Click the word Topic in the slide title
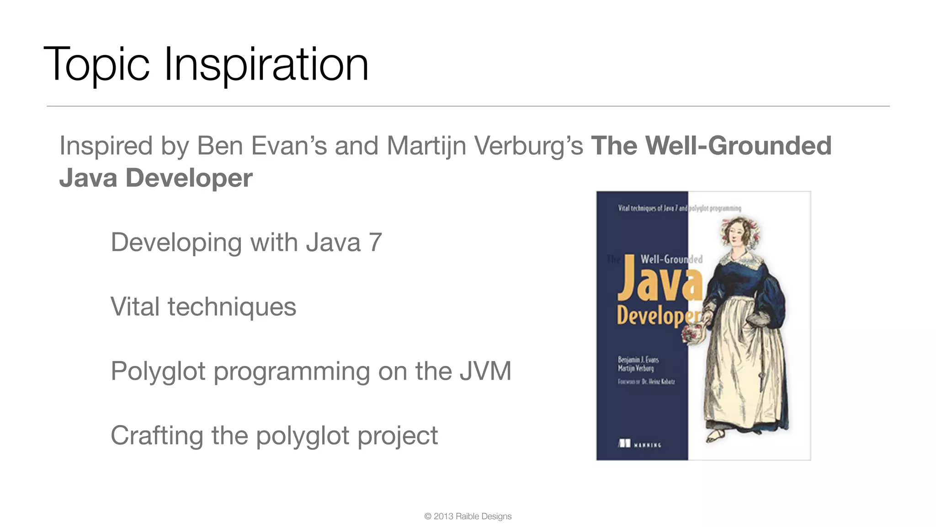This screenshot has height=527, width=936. pyautogui.click(x=96, y=65)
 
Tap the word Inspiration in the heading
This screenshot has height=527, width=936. pyautogui.click(x=266, y=65)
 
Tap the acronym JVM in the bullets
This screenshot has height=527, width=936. pyautogui.click(x=485, y=371)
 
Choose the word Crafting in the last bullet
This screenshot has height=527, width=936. pyautogui.click(x=157, y=436)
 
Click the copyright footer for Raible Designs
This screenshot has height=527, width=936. pyautogui.click(x=468, y=516)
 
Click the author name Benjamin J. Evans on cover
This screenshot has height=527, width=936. pyautogui.click(x=638, y=360)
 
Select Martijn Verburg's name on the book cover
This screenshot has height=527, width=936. pyautogui.click(x=636, y=368)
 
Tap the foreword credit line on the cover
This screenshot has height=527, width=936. pyautogui.click(x=646, y=382)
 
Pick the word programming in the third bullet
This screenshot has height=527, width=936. pyautogui.click(x=292, y=371)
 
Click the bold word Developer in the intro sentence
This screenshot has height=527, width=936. pyautogui.click(x=189, y=178)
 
